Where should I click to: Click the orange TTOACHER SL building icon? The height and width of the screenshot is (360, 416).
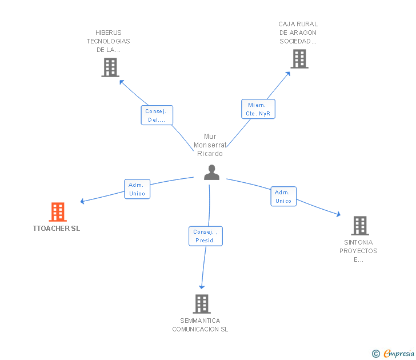coord(58,211)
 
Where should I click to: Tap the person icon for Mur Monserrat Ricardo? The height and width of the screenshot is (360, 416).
coord(211,173)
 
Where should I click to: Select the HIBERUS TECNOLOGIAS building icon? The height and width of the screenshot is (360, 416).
coord(110,67)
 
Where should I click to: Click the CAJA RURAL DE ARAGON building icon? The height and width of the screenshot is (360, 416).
coord(299,59)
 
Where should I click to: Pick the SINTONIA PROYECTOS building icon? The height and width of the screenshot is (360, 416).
coord(360,226)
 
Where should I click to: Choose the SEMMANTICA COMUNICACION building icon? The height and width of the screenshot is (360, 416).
coord(202,304)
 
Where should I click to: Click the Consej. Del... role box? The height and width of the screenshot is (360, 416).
coord(157,115)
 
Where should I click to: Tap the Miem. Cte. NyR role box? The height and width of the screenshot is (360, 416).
coord(258,109)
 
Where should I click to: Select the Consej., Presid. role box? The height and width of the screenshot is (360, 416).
coord(206,236)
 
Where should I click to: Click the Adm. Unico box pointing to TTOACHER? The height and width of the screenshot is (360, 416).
coord(137,189)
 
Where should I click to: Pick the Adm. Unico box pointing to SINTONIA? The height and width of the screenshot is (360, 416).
coord(283,197)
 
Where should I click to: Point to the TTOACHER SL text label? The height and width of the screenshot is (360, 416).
coord(56,229)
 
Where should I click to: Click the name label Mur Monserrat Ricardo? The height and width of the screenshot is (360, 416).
coord(210,145)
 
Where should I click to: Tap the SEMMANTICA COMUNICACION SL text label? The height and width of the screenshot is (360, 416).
coord(200,325)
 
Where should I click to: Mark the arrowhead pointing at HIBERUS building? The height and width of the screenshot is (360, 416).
coord(121,82)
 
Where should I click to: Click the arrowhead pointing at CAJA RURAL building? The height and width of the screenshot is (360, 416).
coord(288,74)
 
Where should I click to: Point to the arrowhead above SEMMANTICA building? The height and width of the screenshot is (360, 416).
coord(202,287)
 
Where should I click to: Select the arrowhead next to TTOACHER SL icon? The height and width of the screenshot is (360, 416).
coord(82,201)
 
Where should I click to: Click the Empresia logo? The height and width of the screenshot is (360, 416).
coord(399,353)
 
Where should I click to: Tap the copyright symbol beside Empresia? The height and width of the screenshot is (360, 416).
coord(375,354)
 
